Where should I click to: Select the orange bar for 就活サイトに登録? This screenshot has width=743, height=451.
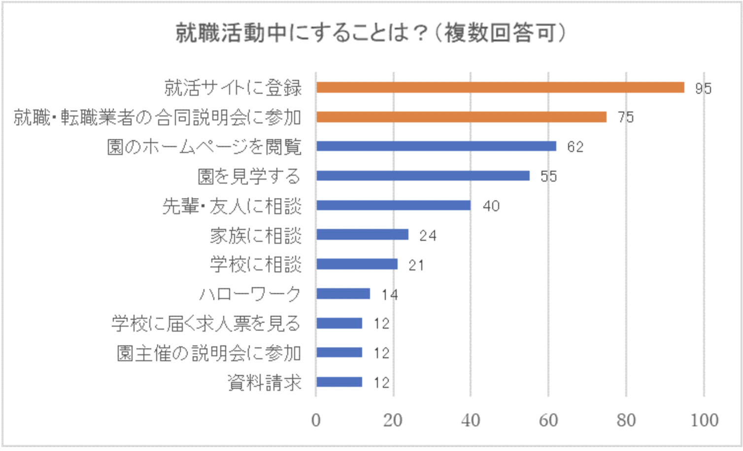[x=500, y=88]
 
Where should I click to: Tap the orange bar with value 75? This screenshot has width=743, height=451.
[x=461, y=117]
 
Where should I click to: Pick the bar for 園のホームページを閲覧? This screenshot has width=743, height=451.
[x=436, y=147]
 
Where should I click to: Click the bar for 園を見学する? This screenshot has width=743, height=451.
[x=423, y=176]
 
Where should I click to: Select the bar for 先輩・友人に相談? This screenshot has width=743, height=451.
[x=393, y=206]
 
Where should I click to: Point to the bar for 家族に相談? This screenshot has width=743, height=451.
[x=362, y=235]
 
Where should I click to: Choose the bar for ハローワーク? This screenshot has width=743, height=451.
[x=343, y=294]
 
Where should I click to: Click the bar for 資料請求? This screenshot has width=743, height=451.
[x=339, y=382]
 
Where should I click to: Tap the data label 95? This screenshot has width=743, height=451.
[x=703, y=88]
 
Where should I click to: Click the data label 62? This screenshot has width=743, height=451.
[x=575, y=147]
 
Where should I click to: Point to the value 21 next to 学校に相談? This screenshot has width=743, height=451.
[x=416, y=265]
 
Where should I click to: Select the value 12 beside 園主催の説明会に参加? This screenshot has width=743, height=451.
[x=381, y=353]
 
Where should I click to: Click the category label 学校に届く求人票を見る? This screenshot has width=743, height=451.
[x=206, y=324]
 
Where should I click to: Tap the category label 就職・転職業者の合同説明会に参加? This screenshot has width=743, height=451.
[x=157, y=117]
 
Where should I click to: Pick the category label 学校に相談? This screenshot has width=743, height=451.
[x=256, y=265]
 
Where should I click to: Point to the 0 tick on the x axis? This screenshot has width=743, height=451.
[x=316, y=420]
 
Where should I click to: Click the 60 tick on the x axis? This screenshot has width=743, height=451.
[x=548, y=420]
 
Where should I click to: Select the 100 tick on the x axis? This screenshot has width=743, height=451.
[x=704, y=420]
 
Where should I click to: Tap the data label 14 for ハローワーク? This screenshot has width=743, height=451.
[x=389, y=295]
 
